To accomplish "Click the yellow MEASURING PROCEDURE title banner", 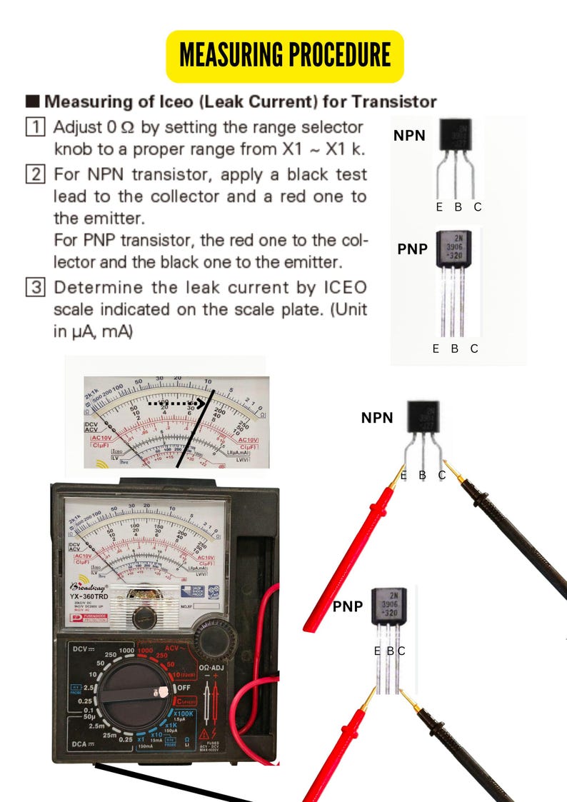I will [x=284, y=55].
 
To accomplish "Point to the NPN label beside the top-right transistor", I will [x=409, y=134].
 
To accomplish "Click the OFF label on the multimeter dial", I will [x=184, y=688].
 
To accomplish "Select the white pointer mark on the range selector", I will [x=162, y=691].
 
